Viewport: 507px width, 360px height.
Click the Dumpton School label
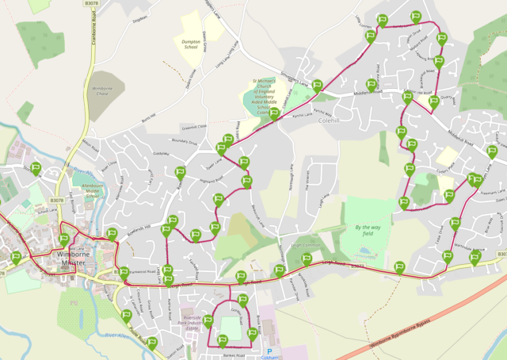(190, 44)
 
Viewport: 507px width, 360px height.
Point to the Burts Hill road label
(147, 117)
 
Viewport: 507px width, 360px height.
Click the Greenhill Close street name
(193, 126)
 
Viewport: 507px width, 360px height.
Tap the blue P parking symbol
(269, 350)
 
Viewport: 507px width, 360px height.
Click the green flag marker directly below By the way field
(399, 268)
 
